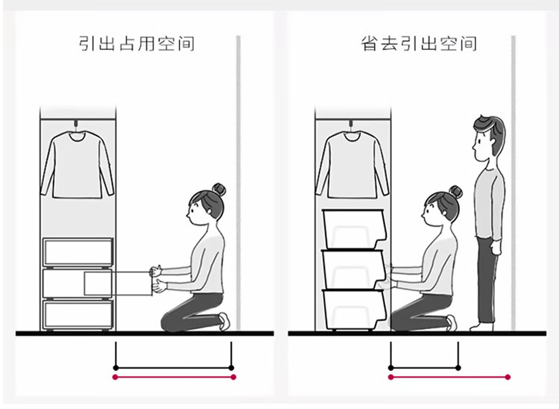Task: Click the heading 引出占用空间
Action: (136, 43)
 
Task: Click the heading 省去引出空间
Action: (419, 43)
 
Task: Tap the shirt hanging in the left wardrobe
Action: (78, 165)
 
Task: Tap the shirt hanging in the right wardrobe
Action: (353, 165)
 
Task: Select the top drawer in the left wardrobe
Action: (78, 252)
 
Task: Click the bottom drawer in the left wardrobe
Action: (78, 314)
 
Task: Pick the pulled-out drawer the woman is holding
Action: (118, 284)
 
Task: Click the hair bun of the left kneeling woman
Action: (219, 190)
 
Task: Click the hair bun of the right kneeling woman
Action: (455, 192)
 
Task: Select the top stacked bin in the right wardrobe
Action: (354, 229)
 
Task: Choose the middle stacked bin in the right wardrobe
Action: (353, 269)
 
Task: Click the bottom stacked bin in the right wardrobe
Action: (353, 310)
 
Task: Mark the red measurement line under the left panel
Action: (174, 377)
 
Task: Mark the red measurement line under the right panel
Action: (449, 377)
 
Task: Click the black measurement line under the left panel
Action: (174, 368)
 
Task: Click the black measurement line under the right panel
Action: (425, 368)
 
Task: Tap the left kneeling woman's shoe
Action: (224, 321)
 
